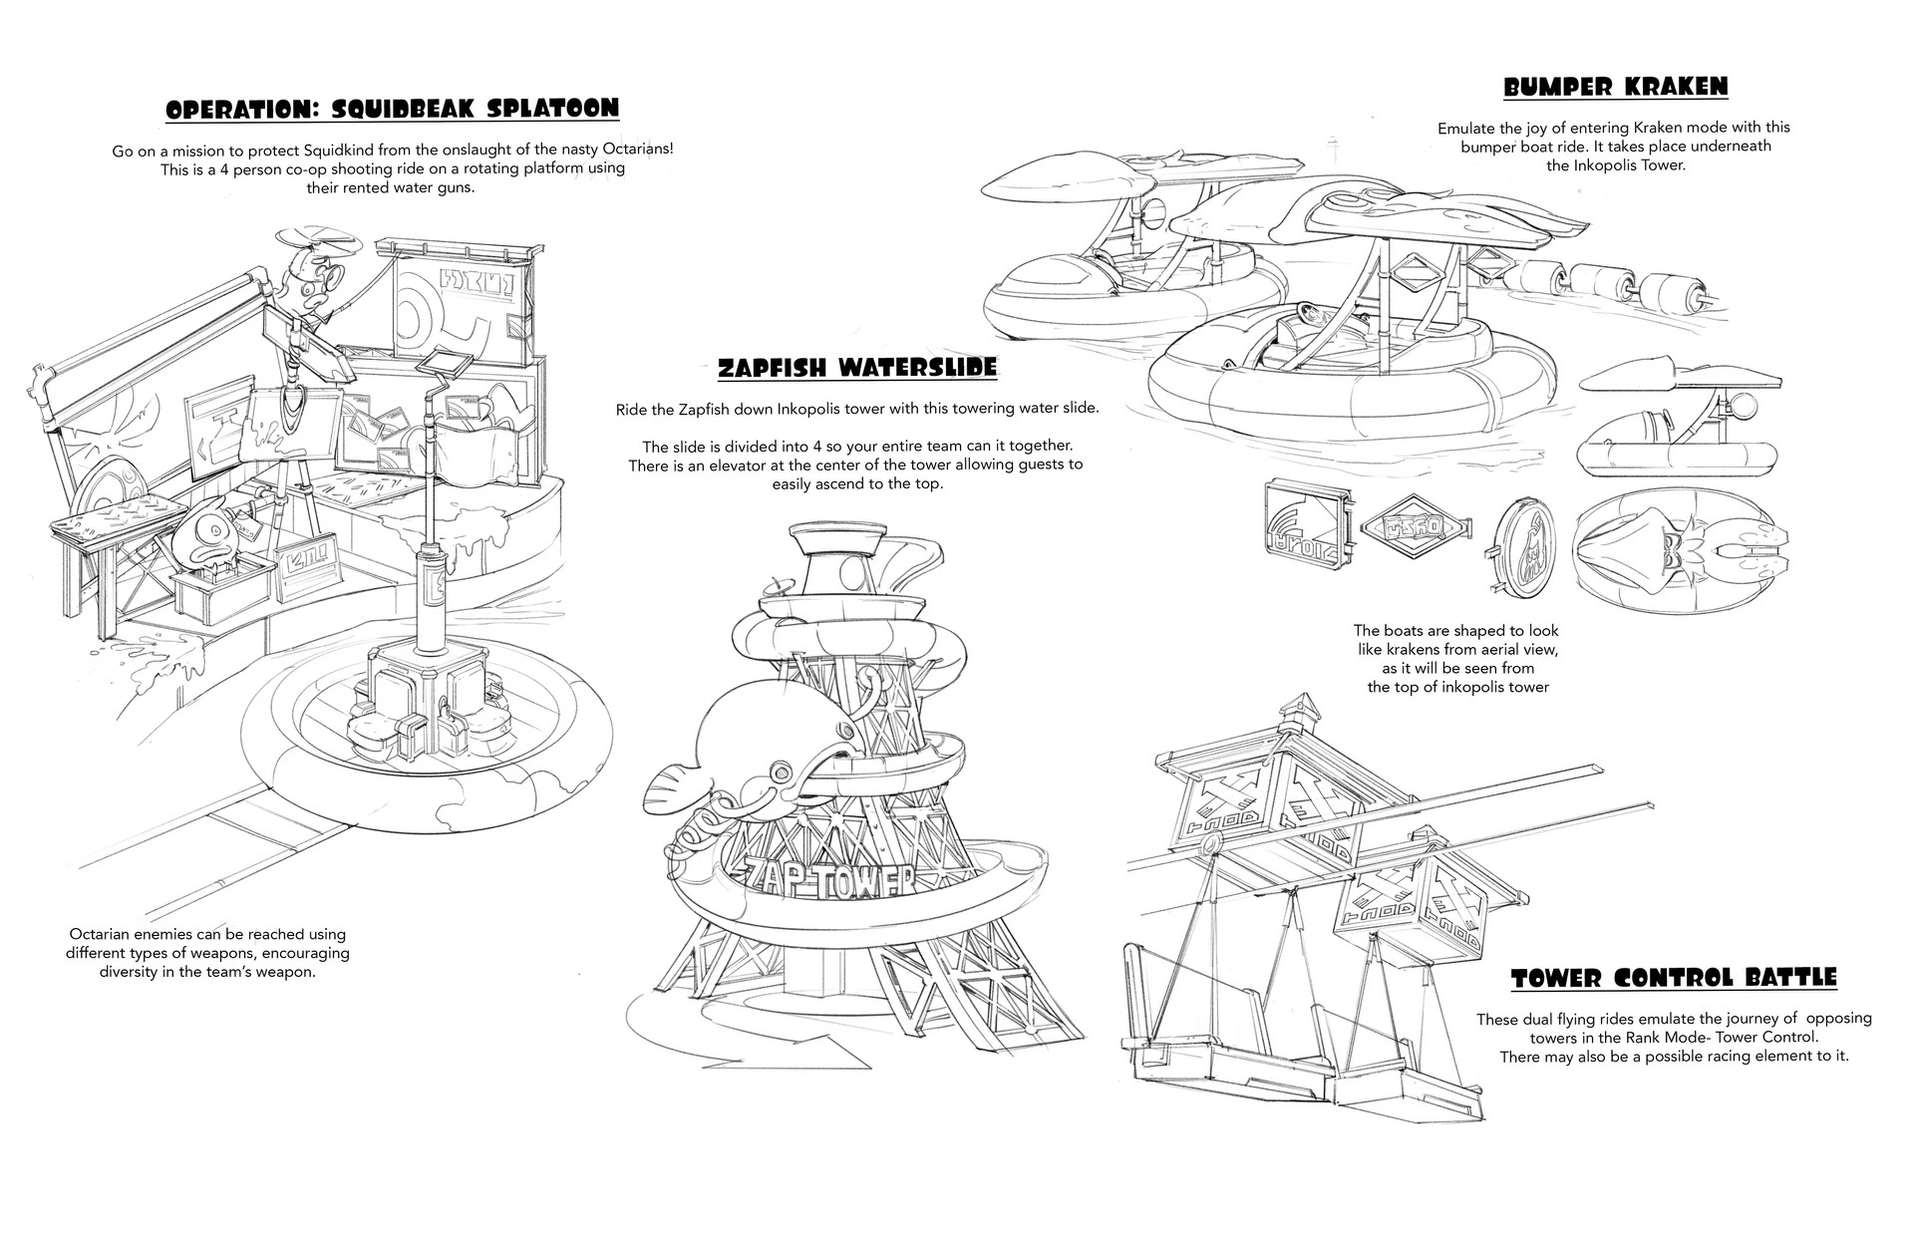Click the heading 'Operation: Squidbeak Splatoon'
[392, 109]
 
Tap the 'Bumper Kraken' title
[1615, 88]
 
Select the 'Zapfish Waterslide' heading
[856, 369]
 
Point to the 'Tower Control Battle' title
[1673, 978]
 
